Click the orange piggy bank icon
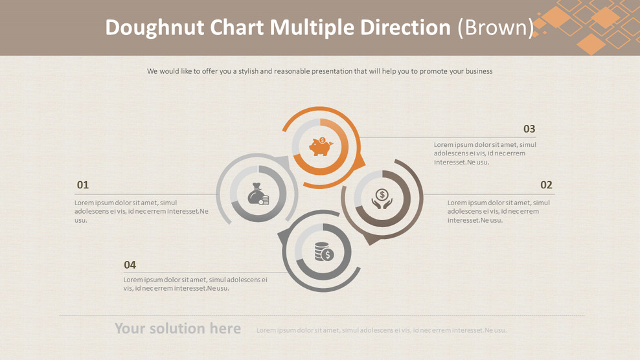coord(321,147)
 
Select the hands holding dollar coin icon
coord(382,199)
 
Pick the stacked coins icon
coord(323,251)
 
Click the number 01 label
coord(83,185)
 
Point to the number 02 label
coord(546,185)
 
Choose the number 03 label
coord(529,129)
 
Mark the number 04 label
coord(130,265)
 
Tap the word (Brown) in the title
coord(496,28)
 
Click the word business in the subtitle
coord(477,71)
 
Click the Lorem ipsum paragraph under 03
coord(485,153)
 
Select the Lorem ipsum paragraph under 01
coord(141,211)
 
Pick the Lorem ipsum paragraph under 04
coord(195,284)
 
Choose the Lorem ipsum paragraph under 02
coord(498,211)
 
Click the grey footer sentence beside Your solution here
coord(381,330)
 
